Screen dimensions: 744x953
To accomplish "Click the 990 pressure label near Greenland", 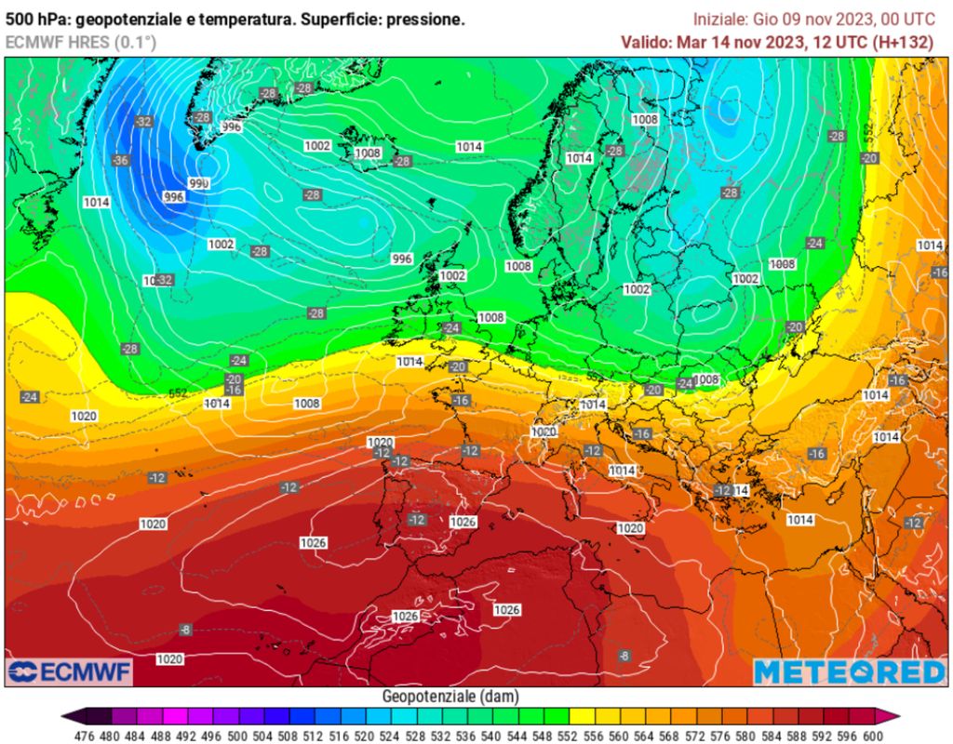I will click(x=198, y=183).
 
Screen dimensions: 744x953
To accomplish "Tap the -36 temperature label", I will click(x=121, y=160).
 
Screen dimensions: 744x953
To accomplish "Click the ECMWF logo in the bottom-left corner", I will click(x=70, y=671).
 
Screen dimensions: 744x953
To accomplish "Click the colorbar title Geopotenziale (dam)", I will click(x=450, y=697).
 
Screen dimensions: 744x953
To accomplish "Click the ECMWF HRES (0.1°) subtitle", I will click(x=81, y=42).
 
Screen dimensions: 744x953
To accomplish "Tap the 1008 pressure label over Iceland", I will click(x=368, y=153).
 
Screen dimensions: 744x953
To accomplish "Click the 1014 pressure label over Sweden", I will click(x=579, y=158).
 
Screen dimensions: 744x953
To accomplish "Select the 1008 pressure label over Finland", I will click(x=645, y=119).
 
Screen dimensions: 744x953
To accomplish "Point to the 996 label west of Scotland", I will click(x=401, y=259).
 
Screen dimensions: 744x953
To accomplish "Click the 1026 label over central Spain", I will click(x=463, y=522).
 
